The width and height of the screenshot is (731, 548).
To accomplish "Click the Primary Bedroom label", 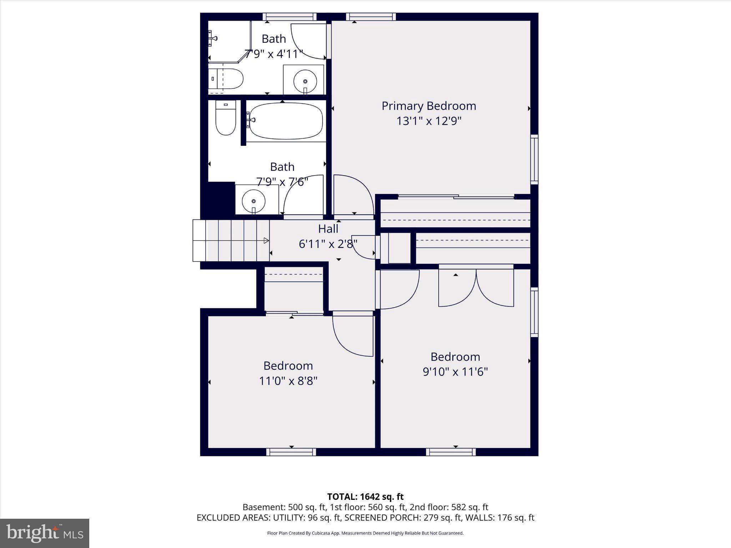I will tap(429, 106).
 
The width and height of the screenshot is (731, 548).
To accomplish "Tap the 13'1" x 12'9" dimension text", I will tap(429, 121).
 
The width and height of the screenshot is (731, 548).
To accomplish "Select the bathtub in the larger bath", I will tap(285, 121).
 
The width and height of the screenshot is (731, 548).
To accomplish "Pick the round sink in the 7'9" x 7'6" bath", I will tap(253, 201).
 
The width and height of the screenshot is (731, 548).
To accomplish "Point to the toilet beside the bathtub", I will tap(226, 118).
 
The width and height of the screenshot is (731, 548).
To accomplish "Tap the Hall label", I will tap(328, 229).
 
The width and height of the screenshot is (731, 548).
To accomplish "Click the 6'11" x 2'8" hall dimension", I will tap(328, 244).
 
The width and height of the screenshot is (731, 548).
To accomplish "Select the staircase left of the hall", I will tap(231, 241).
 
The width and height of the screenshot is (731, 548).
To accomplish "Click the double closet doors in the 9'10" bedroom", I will tap(476, 288).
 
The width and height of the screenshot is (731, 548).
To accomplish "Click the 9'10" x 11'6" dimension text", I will tap(455, 372).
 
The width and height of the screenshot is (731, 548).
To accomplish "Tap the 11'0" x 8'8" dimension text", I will tap(288, 381).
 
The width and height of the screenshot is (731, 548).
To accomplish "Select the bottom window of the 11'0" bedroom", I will tap(291, 452).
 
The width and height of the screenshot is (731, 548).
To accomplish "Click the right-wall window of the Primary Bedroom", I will tap(534, 159).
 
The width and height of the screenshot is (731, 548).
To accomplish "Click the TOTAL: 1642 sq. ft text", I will tap(365, 497).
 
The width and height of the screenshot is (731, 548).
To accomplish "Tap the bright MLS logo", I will tap(45, 533).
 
